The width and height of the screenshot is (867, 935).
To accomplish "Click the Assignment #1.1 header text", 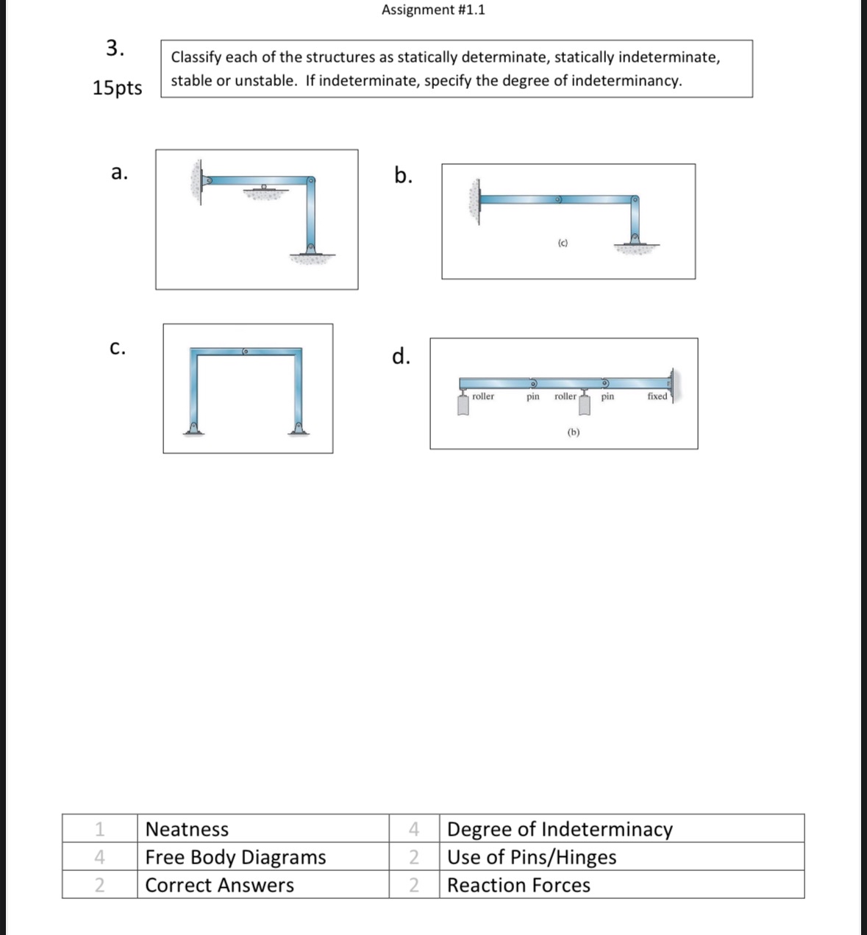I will (x=433, y=10).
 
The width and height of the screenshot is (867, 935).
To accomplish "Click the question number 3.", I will (x=115, y=49).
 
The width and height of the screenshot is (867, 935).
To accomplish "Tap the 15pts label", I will (x=118, y=88).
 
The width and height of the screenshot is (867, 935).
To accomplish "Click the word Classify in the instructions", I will (x=196, y=57).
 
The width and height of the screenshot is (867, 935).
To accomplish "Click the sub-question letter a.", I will (x=119, y=173).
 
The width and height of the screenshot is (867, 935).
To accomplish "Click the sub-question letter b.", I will (x=403, y=175).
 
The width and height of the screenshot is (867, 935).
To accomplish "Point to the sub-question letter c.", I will (x=118, y=347).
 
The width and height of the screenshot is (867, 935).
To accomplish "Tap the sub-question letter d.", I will (x=401, y=356).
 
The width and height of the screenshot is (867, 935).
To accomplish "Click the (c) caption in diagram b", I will (x=563, y=243).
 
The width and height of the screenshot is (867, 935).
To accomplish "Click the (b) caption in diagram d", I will (x=574, y=432).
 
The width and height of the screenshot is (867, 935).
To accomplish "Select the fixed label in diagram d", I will (x=657, y=397).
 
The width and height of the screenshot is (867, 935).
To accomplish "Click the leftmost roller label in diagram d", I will (x=483, y=397).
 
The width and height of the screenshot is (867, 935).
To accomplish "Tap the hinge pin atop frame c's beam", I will (x=246, y=352).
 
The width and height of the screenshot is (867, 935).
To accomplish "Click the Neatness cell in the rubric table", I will (x=188, y=829).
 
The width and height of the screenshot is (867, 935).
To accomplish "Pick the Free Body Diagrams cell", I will (x=235, y=857).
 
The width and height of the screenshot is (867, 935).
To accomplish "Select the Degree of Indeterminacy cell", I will (x=560, y=829).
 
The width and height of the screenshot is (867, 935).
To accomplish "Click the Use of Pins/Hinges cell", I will (x=532, y=857).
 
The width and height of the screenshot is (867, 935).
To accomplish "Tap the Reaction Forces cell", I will (x=518, y=885).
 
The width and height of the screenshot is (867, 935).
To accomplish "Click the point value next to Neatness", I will (x=99, y=829).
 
